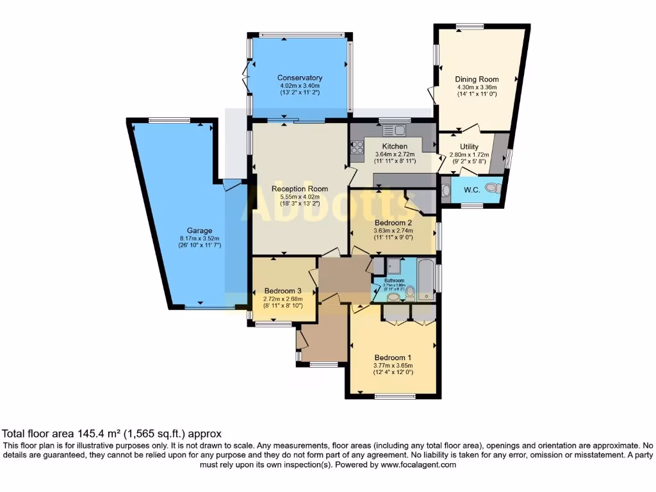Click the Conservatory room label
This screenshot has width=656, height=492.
300,78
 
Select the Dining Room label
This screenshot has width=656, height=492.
477,79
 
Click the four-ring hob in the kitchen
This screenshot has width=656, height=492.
357,151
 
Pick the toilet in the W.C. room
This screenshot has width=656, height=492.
492,188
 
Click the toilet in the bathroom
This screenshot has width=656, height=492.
410,293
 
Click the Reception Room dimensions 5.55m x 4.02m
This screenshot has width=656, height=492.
300,197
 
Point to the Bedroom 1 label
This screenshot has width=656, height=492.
393,357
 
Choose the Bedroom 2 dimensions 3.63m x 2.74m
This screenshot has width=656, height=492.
393,231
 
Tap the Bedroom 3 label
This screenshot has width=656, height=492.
282,290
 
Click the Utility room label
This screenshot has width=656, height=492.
469,147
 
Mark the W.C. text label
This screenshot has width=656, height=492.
471,190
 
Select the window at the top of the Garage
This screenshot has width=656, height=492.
170,120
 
